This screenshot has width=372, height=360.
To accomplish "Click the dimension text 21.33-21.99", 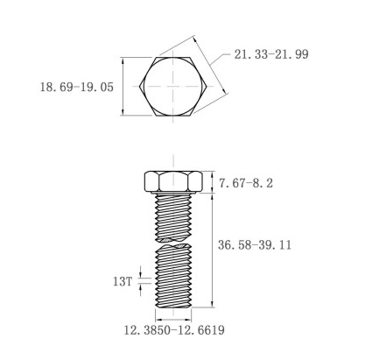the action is pyautogui.click(x=271, y=54).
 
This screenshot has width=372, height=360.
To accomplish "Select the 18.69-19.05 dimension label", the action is pyautogui.click(x=76, y=88).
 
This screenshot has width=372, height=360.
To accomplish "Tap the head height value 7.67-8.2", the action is pyautogui.click(x=246, y=183).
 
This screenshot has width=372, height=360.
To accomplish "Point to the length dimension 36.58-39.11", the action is pyautogui.click(x=255, y=245).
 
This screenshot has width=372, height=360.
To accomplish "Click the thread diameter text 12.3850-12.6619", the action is pyautogui.click(x=174, y=330).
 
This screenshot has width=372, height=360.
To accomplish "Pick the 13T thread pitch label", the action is pyautogui.click(x=123, y=282).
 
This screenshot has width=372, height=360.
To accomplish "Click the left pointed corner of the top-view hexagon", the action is pyautogui.click(x=140, y=87).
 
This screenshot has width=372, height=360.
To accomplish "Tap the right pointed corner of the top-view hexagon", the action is pyautogui.click(x=207, y=87).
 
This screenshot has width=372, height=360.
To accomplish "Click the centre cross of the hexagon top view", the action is pyautogui.click(x=173, y=87).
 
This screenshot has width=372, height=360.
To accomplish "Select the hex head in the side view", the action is pyautogui.click(x=173, y=182).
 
